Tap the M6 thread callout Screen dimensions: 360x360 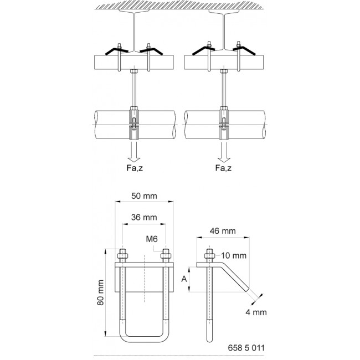153,239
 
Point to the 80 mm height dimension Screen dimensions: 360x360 100,300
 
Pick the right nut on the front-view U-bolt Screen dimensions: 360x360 165,256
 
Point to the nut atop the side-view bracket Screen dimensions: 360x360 210,256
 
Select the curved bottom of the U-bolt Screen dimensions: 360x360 143,336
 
